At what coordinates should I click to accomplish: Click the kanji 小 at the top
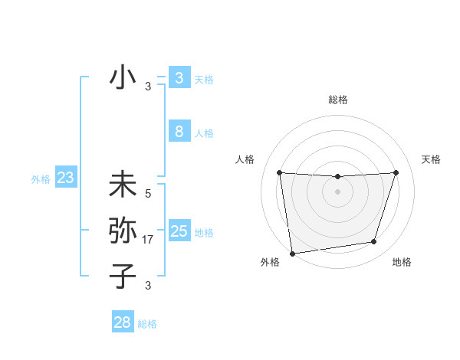point(123,78)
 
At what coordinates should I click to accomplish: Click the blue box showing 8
point(179,132)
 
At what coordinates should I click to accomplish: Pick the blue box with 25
point(179,231)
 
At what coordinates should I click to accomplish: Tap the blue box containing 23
point(65,178)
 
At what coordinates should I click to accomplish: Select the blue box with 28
point(123,322)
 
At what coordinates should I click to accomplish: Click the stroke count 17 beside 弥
point(149,240)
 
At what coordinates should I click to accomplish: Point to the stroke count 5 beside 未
point(148,194)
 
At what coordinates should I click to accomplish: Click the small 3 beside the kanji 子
point(148,286)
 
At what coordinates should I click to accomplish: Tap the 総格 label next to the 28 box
point(147,324)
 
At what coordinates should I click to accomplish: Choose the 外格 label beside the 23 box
point(41,179)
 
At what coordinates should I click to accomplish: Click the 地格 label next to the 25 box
point(204,233)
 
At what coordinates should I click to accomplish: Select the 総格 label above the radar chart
point(337,100)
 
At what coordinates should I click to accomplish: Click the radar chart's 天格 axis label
point(432,159)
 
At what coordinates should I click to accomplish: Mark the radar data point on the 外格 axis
point(292,253)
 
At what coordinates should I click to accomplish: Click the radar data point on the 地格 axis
point(374,242)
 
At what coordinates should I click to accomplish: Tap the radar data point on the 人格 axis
point(279,172)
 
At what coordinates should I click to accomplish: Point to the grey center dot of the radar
point(337,191)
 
